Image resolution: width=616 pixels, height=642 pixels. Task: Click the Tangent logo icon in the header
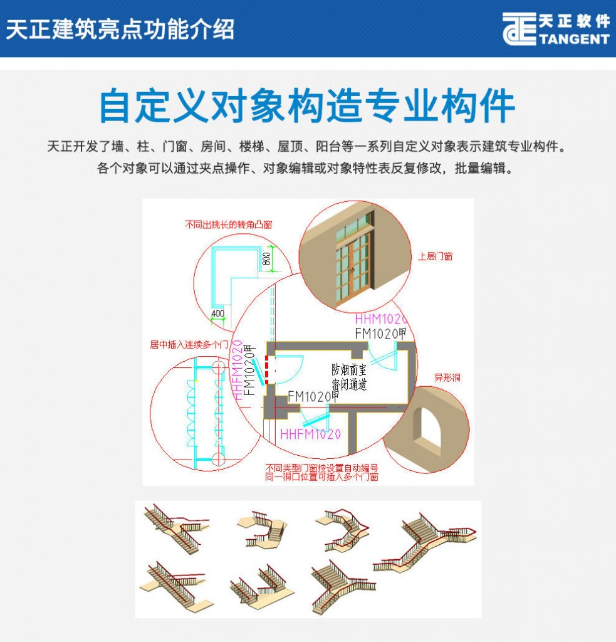(519, 29)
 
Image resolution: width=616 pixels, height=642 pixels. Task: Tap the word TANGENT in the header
(574, 39)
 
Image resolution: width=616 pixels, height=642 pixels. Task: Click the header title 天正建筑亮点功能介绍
(120, 29)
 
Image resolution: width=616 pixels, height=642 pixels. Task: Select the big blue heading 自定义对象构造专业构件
(307, 106)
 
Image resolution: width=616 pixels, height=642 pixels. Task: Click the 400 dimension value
(217, 313)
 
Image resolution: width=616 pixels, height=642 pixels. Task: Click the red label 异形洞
(447, 377)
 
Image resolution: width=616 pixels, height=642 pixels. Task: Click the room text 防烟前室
(349, 370)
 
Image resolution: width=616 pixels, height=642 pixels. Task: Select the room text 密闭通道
(349, 384)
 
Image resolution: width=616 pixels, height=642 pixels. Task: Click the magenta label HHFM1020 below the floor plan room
(310, 434)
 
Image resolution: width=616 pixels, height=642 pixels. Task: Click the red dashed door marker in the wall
(267, 370)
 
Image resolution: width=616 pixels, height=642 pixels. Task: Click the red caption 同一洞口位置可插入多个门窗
(321, 477)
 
